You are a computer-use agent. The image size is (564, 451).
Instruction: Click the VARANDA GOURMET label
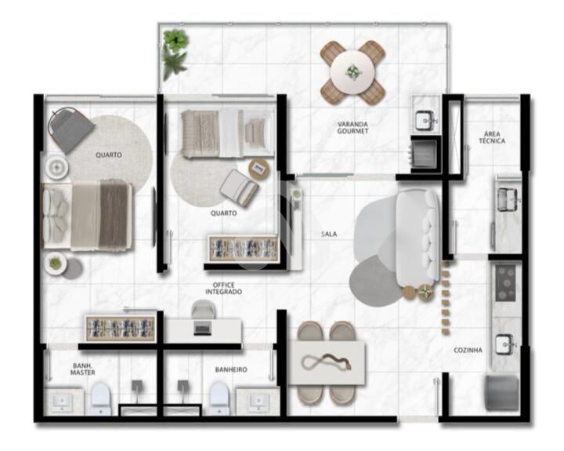pyautogui.click(x=352, y=128)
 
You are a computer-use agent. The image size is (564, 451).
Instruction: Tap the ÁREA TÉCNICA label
pyautogui.click(x=492, y=137)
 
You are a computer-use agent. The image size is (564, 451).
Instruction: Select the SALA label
pyautogui.click(x=329, y=235)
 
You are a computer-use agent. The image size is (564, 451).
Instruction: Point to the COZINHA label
pyautogui.click(x=468, y=350)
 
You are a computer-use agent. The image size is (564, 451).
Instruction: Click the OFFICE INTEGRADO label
pyautogui.click(x=223, y=288)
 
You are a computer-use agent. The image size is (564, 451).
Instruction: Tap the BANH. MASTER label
pyautogui.click(x=83, y=369)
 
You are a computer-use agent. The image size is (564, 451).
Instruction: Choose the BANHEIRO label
pyautogui.click(x=231, y=370)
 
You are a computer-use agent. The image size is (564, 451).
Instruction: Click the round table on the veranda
pyautogui.click(x=352, y=72)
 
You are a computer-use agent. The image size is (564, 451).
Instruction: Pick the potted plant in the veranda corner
pyautogui.click(x=175, y=54)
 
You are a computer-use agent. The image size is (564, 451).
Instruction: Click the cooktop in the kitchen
pyautogui.click(x=506, y=283)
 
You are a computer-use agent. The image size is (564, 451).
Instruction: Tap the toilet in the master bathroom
pyautogui.click(x=100, y=398)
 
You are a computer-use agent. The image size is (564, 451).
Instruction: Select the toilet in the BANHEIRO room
pyautogui.click(x=219, y=398)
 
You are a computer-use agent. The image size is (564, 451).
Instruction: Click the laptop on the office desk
pyautogui.click(x=203, y=329)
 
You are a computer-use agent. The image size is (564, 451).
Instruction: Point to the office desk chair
pyautogui.click(x=204, y=309)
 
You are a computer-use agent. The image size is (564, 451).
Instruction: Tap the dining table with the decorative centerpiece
pyautogui.click(x=327, y=362)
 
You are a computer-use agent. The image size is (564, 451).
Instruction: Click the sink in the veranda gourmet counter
pyautogui.click(x=426, y=120)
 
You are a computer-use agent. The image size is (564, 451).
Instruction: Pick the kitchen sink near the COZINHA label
pyautogui.click(x=506, y=344)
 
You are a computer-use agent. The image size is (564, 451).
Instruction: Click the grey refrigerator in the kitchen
pyautogui.click(x=502, y=393)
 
